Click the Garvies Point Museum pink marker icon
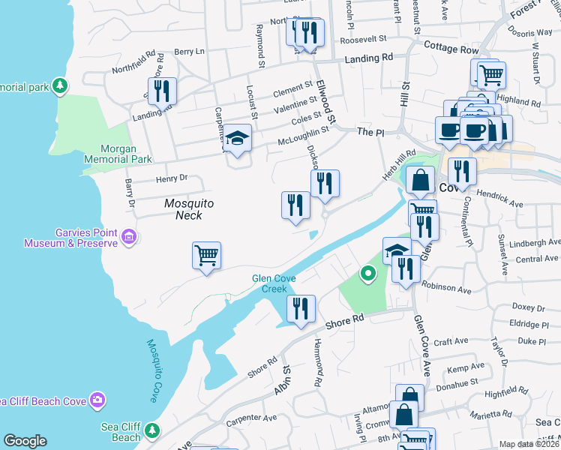click(129, 238)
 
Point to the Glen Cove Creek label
click(274, 283)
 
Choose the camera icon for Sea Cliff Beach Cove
click(97, 400)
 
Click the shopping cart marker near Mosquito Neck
click(206, 255)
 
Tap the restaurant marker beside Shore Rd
click(301, 307)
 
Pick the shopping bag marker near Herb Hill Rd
click(421, 179)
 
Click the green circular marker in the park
click(367, 274)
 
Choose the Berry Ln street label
click(189, 52)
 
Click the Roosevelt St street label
click(362, 38)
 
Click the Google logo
click(25, 441)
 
